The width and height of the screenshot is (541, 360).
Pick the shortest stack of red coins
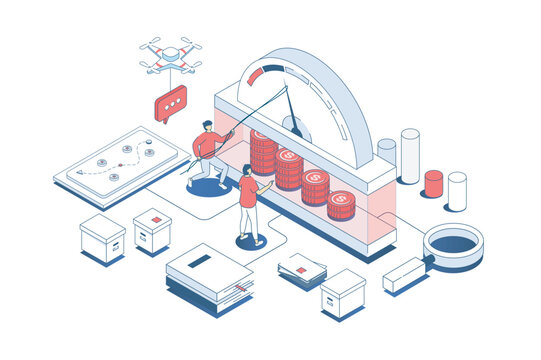[x=341, y=204]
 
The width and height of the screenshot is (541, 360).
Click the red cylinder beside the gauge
[x=433, y=183]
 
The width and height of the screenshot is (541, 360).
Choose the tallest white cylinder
[x=410, y=154]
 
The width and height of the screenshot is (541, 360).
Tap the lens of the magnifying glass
[x=453, y=243]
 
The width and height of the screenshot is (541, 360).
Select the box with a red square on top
[x=152, y=229]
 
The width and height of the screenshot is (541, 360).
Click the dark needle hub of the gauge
[x=294, y=128]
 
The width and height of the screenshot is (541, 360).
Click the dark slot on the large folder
[x=200, y=261]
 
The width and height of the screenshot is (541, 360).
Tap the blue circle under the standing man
[x=250, y=242]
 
